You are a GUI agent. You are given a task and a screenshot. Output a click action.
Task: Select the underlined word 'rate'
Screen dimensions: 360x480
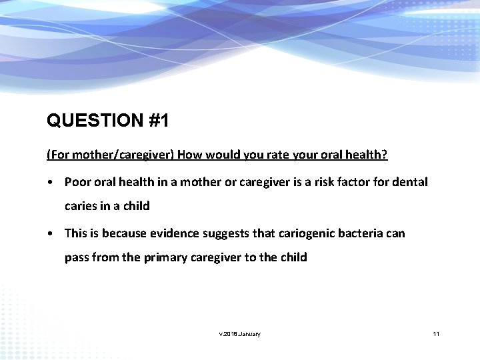point(271,155)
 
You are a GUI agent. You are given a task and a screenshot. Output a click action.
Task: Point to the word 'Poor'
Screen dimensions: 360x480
point(77,181)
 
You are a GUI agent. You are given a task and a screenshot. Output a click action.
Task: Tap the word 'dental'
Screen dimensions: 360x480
point(411,181)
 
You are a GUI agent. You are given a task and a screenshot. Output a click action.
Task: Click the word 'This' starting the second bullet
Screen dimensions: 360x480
point(76,233)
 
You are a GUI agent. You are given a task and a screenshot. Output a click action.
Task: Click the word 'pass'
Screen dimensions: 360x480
point(77,257)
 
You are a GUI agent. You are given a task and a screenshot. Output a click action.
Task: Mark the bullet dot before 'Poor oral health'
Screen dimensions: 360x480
point(51,182)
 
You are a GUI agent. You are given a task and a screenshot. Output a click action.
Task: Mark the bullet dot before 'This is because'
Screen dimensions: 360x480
point(51,233)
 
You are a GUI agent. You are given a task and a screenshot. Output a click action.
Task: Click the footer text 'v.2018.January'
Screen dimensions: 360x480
point(240,333)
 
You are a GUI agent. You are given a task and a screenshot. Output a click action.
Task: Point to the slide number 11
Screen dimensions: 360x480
point(436,333)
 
